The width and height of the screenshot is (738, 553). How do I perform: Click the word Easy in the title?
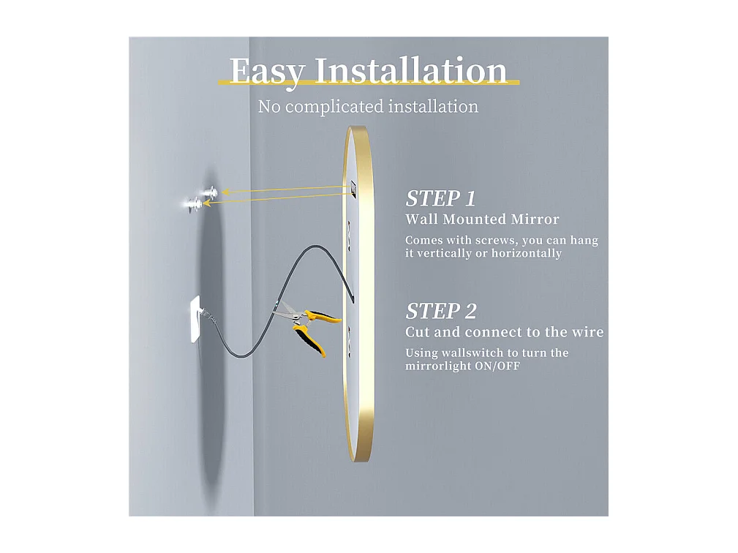coord(266,72)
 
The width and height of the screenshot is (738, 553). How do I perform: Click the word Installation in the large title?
coord(410,71)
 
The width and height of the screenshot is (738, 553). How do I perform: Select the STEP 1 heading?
coord(440,198)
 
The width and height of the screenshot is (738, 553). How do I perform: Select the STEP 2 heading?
coord(440,311)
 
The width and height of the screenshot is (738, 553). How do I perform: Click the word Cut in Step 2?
coord(417,332)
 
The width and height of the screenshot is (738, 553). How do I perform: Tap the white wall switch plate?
coord(195,319)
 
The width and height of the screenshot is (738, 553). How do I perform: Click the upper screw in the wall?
coord(210,192)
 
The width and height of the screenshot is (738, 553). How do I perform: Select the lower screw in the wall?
coord(191,205)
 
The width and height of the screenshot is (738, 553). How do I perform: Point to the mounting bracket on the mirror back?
coord(353,189)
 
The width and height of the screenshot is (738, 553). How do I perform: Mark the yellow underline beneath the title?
coord(369,83)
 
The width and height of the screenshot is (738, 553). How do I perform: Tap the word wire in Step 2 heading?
coord(590,332)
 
